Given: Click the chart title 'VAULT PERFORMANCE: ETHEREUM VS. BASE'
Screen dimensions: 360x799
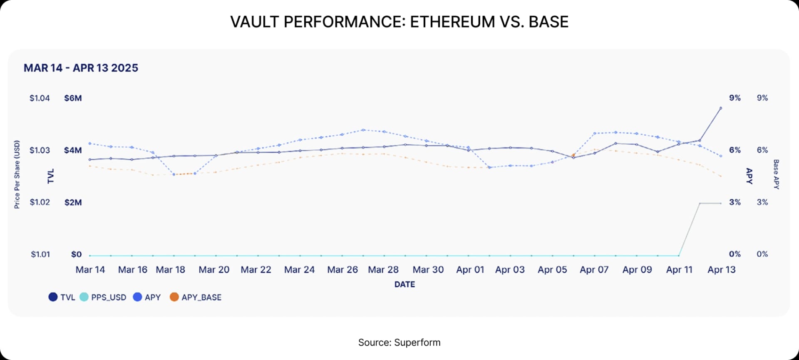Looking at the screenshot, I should (399, 22).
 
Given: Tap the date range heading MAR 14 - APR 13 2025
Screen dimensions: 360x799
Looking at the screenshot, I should (81, 68).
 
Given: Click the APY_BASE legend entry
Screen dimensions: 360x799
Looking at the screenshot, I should (196, 297).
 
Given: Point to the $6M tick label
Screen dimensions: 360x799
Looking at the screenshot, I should (73, 98).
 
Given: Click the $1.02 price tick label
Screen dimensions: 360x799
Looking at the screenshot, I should (40, 202).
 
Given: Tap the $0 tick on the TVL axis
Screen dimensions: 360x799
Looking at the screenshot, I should (76, 254).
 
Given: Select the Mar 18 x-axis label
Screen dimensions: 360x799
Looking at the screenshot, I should (170, 270).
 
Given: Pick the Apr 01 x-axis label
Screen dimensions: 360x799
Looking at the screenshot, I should (470, 270).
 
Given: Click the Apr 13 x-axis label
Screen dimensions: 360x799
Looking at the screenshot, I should (722, 270).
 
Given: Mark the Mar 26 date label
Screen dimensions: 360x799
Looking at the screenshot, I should (342, 270).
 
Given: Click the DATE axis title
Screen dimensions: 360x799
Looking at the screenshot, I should (404, 284).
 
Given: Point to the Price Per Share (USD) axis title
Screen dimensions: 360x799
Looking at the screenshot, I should (17, 174).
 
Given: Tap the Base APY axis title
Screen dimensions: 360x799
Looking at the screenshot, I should (776, 174).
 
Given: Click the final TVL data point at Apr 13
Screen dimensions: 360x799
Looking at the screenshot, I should (721, 108).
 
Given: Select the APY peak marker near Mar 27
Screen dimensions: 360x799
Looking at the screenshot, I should (363, 130).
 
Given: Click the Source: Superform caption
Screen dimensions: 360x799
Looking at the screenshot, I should (399, 343).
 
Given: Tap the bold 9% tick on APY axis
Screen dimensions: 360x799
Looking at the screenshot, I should (735, 98).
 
